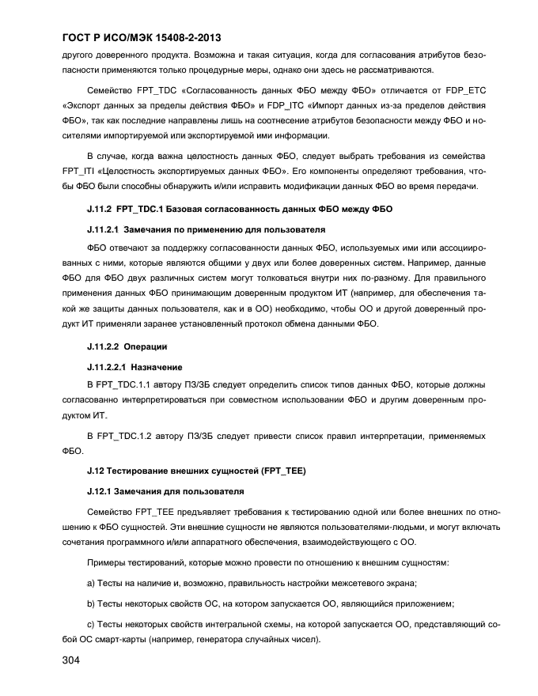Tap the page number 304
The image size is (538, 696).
72,661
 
